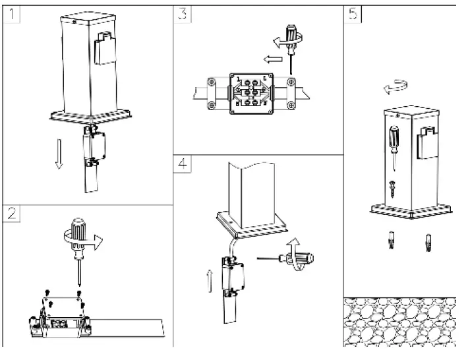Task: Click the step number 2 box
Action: coord(11,213)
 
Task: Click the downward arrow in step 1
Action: coord(59,154)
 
